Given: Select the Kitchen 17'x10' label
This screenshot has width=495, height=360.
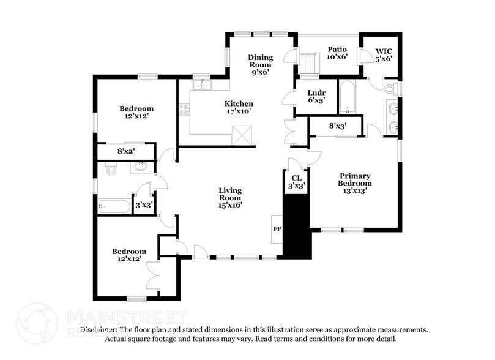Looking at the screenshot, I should point(238,108).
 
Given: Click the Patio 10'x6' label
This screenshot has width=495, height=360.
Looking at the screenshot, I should point(337,53).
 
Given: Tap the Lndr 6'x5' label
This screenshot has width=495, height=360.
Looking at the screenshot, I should point(316,96).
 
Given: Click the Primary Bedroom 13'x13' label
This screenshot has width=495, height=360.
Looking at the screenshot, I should point(355,183).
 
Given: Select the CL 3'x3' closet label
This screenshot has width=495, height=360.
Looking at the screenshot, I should point(296,182).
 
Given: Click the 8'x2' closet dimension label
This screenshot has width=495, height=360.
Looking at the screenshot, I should point(125,151).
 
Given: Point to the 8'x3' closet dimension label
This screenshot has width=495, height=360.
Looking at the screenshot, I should point(338,126).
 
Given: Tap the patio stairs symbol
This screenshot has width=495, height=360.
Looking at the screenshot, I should point(310,63).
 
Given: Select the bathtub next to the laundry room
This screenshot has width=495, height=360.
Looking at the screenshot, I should point(348,97).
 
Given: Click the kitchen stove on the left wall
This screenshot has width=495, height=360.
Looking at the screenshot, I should point(183,110).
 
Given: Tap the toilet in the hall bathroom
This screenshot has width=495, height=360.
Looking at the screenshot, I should point(110,170).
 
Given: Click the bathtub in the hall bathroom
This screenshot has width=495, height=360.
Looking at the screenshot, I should point(115,207).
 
